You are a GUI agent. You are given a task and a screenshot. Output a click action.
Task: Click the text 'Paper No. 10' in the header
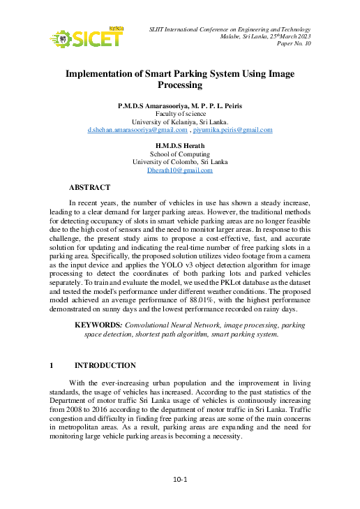[x=294, y=43]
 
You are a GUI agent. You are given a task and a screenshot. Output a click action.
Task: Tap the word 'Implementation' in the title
[x=104, y=73]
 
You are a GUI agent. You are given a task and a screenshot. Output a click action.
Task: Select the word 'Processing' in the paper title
[x=179, y=85]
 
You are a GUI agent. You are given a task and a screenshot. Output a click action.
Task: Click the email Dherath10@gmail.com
[x=179, y=170]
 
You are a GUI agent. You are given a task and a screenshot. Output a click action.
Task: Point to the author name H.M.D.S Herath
[x=180, y=146]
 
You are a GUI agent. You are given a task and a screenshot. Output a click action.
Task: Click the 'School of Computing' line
[x=180, y=154]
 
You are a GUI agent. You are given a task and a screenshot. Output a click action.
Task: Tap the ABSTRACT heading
[x=89, y=188]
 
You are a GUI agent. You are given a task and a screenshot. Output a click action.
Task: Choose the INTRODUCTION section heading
[x=105, y=366]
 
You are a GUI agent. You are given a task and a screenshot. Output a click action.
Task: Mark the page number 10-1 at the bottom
[x=181, y=480]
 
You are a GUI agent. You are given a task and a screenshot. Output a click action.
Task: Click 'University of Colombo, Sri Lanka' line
[x=180, y=162]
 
